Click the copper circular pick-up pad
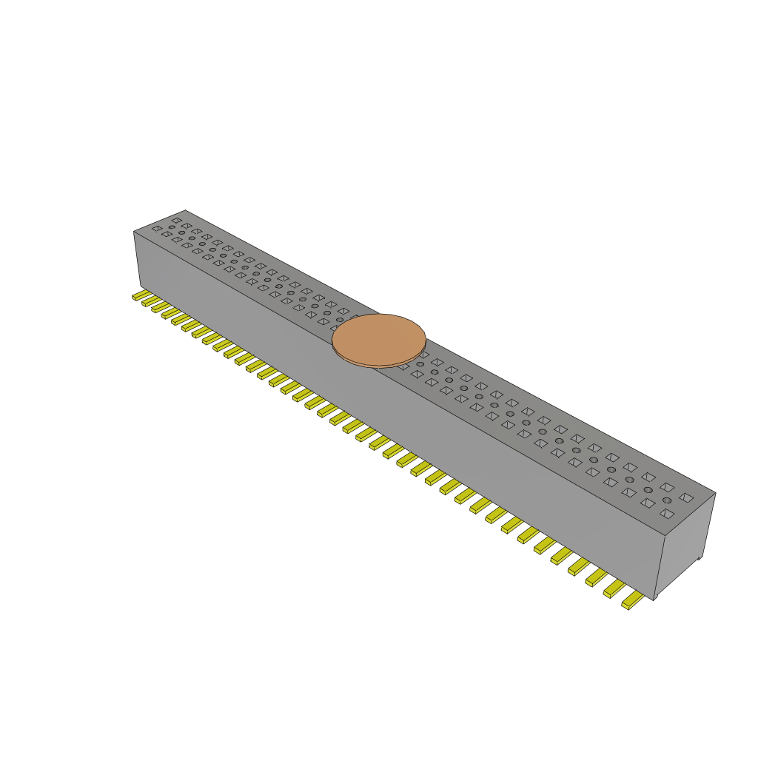point(379,338)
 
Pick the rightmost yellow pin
point(632,600)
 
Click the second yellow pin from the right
point(614,588)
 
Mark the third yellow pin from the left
point(158,306)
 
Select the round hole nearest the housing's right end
point(667,500)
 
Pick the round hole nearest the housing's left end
point(172,227)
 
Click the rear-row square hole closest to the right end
point(686,498)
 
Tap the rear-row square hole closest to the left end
point(176,220)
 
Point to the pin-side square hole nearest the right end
point(666,513)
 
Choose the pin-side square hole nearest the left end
point(157,229)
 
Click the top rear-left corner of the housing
point(185,210)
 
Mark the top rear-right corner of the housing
point(715,493)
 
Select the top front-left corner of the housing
point(134,232)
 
